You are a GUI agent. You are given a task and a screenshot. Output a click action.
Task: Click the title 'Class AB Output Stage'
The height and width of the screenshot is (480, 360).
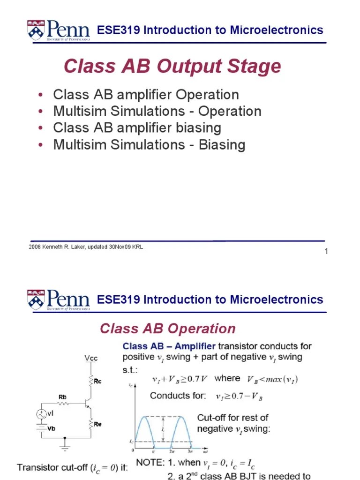[172, 67]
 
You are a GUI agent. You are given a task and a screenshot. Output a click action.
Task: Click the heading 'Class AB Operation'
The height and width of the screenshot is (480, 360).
[167, 329]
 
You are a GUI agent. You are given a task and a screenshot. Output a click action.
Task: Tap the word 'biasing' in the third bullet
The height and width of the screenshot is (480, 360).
[199, 127]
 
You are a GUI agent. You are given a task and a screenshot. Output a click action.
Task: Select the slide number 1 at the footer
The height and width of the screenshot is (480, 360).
[326, 252]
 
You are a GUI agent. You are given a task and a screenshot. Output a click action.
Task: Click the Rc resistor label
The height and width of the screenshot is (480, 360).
[97, 381]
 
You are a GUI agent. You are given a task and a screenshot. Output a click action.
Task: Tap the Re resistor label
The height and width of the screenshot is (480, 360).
[97, 424]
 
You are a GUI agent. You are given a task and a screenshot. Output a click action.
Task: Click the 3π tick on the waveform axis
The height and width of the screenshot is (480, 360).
[190, 451]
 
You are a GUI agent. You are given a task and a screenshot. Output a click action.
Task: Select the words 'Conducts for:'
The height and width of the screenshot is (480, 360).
[178, 396]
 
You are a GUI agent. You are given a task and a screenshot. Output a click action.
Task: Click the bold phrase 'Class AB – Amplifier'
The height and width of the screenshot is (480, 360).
[169, 346]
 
